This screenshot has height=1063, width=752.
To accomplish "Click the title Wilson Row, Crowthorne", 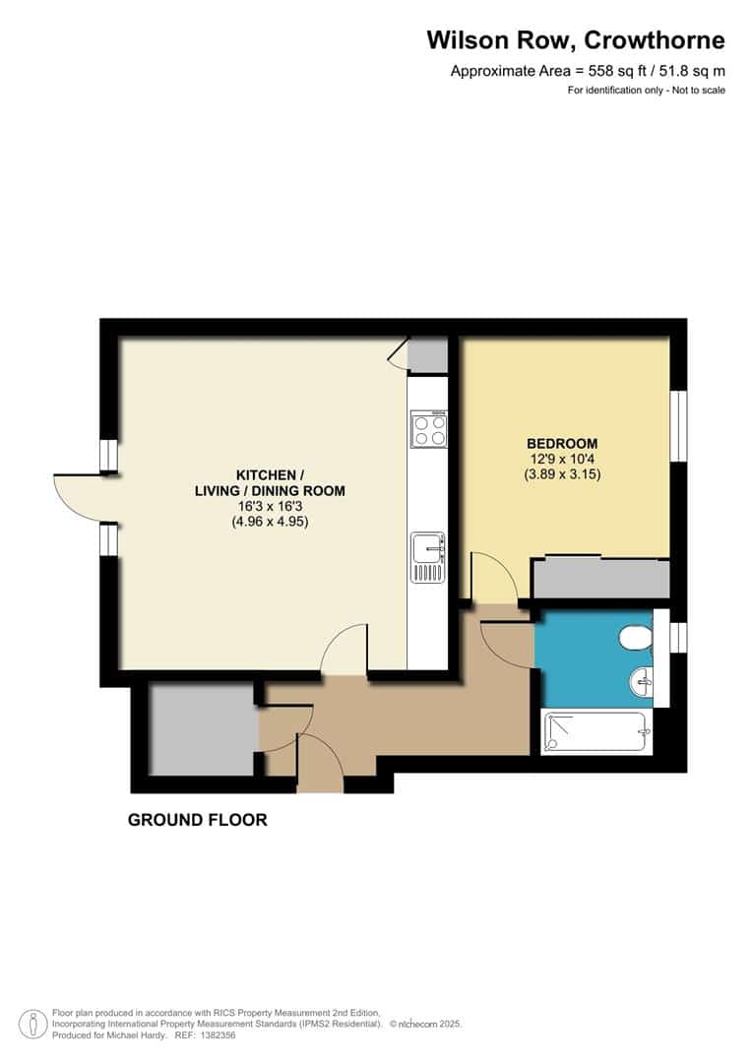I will (575, 40).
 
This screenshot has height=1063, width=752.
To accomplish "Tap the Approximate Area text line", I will (587, 71).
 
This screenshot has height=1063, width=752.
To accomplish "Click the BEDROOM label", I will (561, 444).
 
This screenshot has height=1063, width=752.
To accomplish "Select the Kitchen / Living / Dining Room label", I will (263, 481).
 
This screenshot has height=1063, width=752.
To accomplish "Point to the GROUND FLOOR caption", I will (197, 820).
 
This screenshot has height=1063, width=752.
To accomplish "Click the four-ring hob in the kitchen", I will (428, 429).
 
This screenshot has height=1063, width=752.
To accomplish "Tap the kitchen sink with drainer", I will (428, 557).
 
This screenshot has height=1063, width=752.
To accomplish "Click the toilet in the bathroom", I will (637, 641).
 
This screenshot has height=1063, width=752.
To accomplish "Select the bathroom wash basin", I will (641, 678).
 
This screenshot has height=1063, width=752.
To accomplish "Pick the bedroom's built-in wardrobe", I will (600, 579).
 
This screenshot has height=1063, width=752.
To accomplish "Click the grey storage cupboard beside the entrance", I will (202, 729).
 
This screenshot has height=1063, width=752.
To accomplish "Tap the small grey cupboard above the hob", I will (427, 355).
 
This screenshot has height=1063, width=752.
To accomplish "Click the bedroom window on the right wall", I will (678, 425).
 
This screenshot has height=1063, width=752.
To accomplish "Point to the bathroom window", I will (677, 637).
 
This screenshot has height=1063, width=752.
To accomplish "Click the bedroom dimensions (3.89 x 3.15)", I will (561, 473).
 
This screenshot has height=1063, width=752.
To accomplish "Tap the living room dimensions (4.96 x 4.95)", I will (263, 522).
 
